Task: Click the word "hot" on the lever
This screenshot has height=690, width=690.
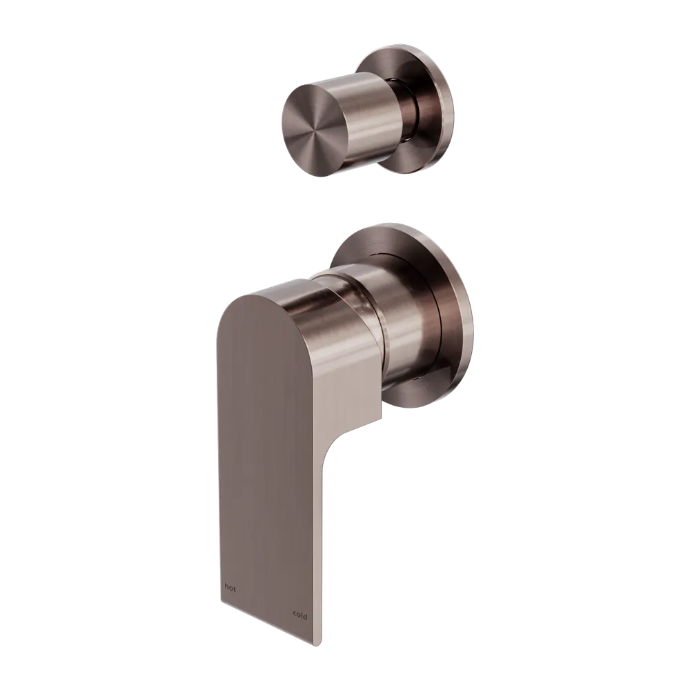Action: click(x=230, y=588)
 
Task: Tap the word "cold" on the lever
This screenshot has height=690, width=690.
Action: click(x=299, y=616)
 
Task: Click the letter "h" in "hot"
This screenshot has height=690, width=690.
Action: click(x=226, y=587)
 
